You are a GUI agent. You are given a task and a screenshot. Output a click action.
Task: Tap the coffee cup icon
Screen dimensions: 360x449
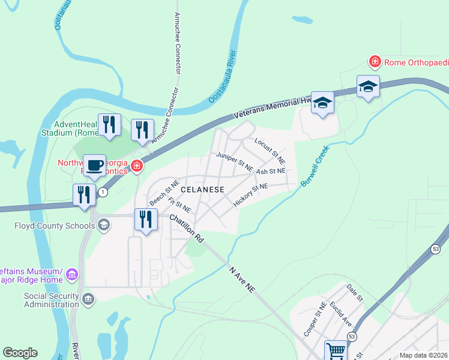point(94,166)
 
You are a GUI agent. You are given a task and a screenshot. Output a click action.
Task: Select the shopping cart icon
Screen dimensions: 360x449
point(336,350)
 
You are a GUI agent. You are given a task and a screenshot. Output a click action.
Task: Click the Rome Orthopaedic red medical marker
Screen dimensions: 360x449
point(375,62)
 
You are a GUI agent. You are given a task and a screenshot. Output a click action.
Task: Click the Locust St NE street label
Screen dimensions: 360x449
point(270,151)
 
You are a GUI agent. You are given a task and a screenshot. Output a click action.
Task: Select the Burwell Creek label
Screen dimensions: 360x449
point(316,167)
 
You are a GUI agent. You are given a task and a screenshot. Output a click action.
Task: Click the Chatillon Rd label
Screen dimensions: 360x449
point(187,229)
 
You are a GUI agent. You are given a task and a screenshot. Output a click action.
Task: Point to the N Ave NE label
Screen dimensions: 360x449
point(242,280)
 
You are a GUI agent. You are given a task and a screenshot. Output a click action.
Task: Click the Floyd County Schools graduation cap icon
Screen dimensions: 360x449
point(103,225)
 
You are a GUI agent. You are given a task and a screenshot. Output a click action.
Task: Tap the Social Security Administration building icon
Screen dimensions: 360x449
point(88,299)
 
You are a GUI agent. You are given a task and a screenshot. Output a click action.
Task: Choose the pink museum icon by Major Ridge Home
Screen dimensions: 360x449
point(72,275)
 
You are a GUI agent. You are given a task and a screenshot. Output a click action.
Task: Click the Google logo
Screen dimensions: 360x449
point(20,353)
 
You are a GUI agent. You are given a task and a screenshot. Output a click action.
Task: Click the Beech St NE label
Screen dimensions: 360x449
point(164,193)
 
